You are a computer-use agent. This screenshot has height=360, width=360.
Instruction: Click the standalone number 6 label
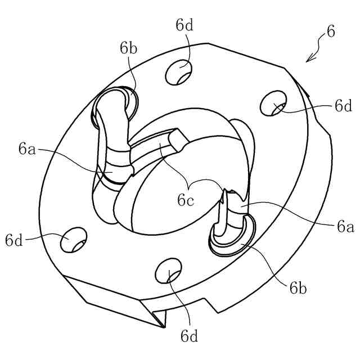tap(330, 32)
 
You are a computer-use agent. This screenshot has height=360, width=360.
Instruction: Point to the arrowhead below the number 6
tap(307, 59)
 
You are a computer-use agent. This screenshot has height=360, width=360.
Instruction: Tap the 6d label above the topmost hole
tap(184, 25)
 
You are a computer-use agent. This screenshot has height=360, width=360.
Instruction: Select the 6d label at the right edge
tap(343, 106)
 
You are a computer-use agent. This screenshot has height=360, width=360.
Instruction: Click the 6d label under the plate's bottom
tap(190, 336)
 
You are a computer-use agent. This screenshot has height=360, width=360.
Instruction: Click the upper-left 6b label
tap(128, 48)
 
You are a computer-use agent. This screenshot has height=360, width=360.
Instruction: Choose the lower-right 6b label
tap(298, 289)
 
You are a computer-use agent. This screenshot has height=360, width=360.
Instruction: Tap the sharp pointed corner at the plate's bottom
tap(165, 327)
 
